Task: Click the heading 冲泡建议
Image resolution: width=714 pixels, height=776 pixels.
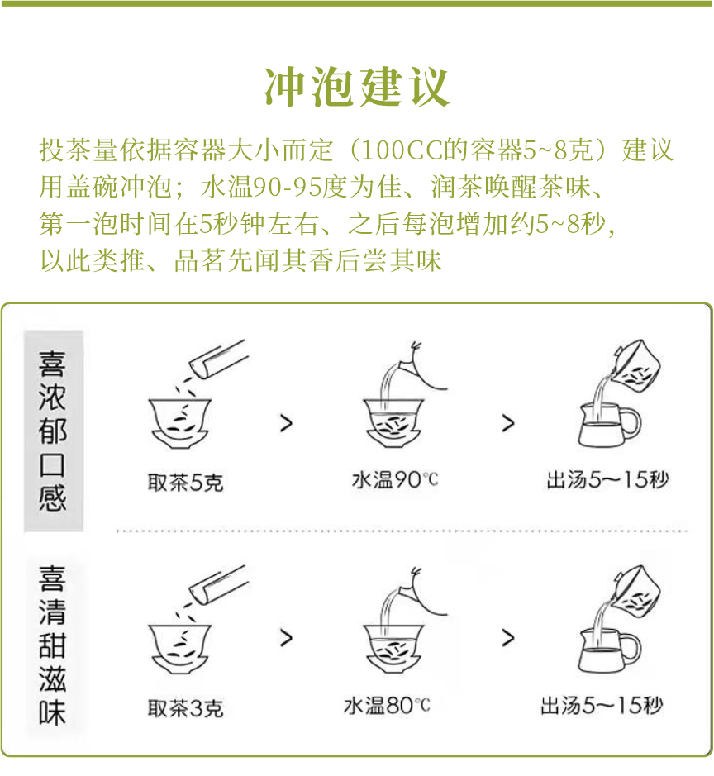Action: coord(356,86)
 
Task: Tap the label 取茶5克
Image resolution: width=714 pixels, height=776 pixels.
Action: coord(185,482)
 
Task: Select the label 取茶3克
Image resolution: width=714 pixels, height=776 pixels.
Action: coord(185,708)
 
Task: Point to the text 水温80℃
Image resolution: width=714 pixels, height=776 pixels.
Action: coord(387,707)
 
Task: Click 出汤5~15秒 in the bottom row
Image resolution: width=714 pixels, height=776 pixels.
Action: coord(602,707)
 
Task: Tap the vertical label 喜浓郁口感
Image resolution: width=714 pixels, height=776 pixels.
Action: coord(53,431)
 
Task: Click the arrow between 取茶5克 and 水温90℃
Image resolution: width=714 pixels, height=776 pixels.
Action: coord(286,424)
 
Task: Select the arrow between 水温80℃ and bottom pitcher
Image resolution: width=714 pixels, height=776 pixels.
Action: coord(508,637)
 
